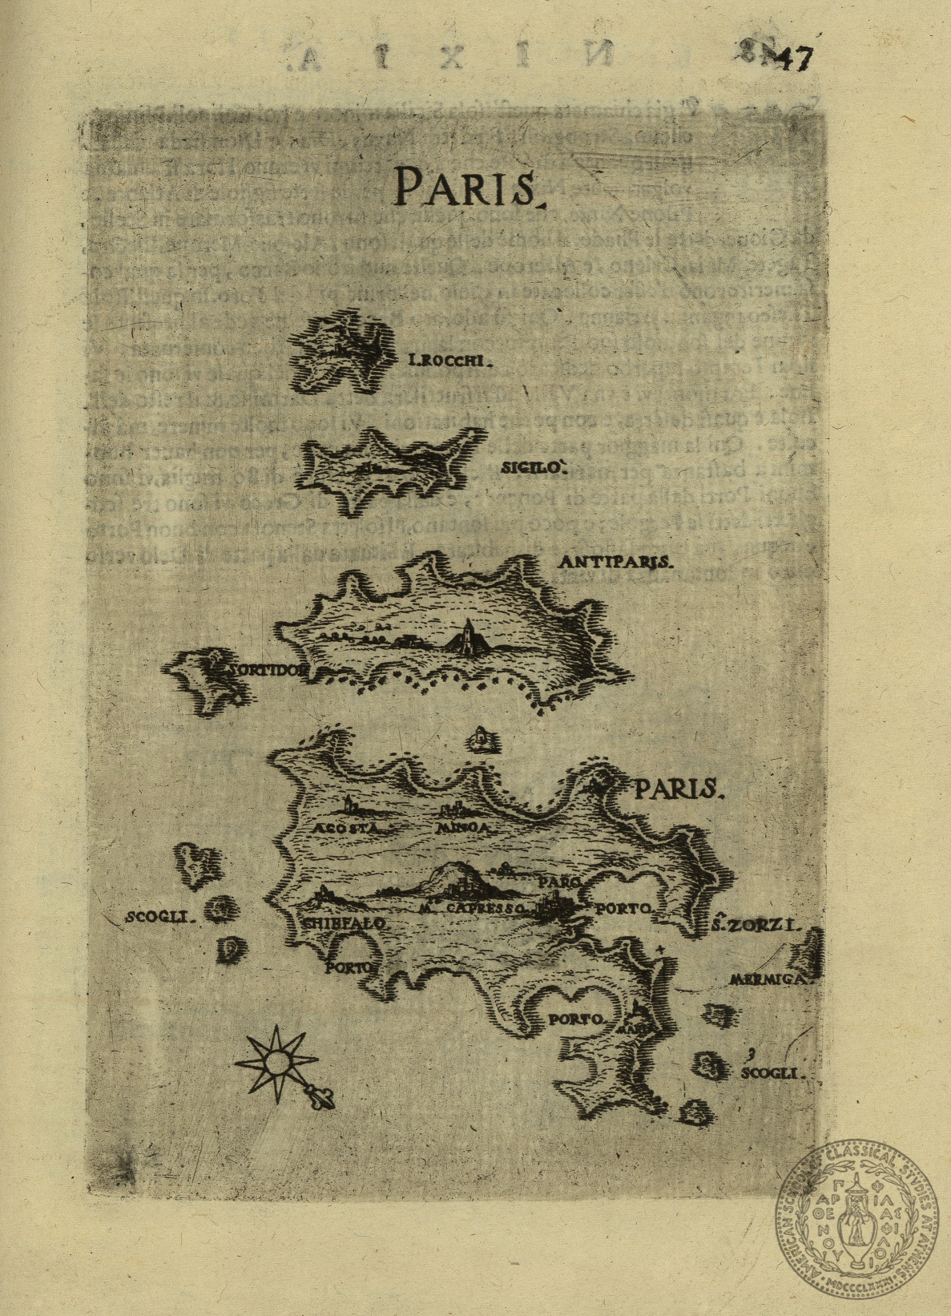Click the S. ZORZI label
[756, 927]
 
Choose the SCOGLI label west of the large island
[160, 918]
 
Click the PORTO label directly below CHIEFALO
[350, 967]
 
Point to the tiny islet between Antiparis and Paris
[482, 739]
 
